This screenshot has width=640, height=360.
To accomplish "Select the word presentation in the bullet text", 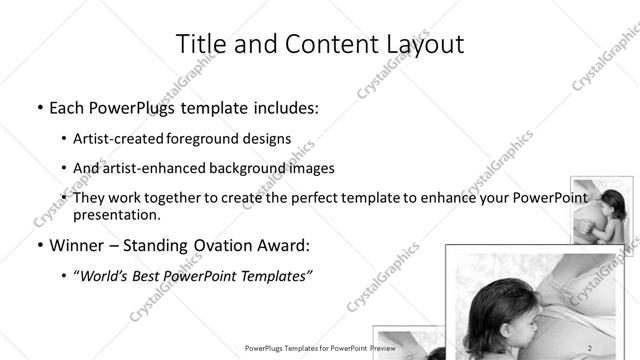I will click(116, 215).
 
